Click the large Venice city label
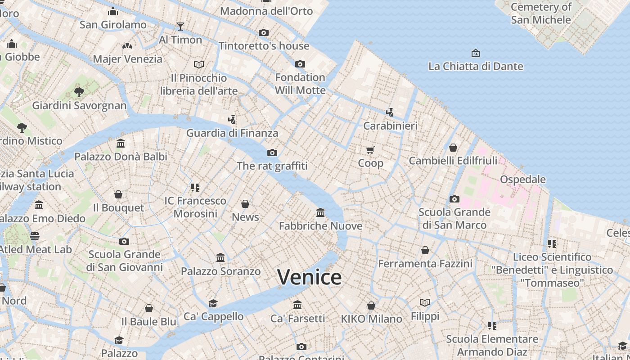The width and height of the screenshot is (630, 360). [x=309, y=277]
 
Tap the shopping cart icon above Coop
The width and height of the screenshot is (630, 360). [x=370, y=150]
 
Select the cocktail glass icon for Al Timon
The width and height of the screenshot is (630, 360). [x=180, y=26]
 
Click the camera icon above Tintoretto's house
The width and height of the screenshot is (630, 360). [x=264, y=32]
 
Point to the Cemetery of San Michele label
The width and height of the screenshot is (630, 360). [x=541, y=13]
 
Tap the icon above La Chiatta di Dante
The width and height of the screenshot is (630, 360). [x=476, y=53]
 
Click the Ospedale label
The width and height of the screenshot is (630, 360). [x=522, y=180]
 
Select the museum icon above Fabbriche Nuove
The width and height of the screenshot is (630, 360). [x=320, y=212]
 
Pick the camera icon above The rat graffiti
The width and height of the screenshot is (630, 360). [x=272, y=153]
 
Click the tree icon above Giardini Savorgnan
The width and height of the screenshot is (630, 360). [x=79, y=92]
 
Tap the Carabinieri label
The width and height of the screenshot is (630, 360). [x=390, y=126]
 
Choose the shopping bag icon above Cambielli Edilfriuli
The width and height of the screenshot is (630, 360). [x=453, y=148]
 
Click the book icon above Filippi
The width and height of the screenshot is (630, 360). [x=425, y=302]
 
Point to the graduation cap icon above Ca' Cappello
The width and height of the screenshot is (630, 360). [x=213, y=303]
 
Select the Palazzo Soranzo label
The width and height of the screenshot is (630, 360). [x=220, y=271]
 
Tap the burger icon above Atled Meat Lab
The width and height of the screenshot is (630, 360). [x=35, y=236]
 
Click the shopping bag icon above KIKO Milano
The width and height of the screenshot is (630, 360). [x=371, y=306]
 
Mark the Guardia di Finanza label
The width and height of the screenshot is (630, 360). [x=232, y=133]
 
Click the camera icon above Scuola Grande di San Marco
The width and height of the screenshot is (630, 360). [x=454, y=199]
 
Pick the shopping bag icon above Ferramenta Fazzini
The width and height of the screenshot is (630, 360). [x=425, y=250]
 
